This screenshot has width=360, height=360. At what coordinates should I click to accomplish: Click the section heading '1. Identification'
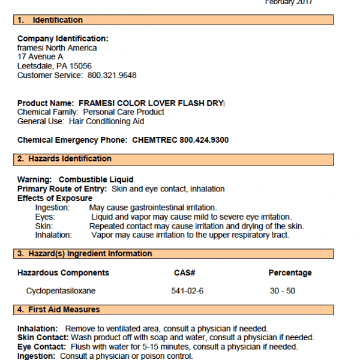[49, 20]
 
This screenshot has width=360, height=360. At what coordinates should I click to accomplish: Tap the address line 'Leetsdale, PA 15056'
[55, 66]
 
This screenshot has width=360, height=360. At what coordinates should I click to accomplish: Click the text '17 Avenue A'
[40, 57]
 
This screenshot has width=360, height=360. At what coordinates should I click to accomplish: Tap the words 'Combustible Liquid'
[96, 179]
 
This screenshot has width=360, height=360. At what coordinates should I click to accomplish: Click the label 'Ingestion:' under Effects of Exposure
[52, 208]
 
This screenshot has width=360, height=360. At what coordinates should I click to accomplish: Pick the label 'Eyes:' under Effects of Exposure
[45, 217]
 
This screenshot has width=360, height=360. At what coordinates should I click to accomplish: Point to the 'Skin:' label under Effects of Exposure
[44, 226]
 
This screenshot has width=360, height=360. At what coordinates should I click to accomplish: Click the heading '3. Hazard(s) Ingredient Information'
[84, 254]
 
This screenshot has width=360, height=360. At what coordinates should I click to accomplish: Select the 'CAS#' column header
[185, 273]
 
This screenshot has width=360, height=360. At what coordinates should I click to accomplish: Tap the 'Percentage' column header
[290, 273]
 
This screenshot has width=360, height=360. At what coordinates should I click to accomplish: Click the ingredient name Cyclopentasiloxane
[61, 291]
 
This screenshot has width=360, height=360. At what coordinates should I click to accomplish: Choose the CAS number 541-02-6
[187, 291]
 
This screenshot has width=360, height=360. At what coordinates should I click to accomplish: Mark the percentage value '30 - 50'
[283, 291]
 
